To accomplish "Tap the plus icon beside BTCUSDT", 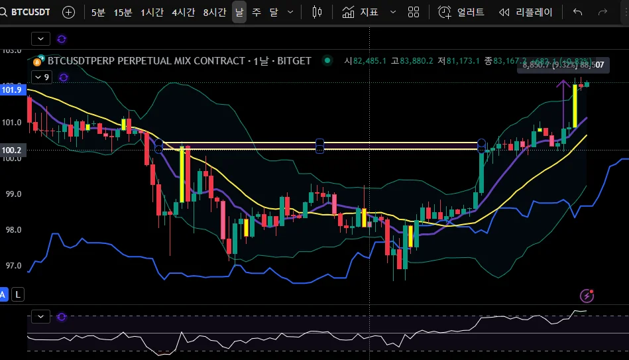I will point(69,12).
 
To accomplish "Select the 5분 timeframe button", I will point(98,12).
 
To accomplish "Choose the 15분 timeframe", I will point(123,12).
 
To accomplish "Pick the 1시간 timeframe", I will point(152,12).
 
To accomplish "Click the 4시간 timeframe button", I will point(183,12).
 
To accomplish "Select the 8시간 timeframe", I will point(215,12).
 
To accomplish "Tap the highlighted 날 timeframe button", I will point(239,12).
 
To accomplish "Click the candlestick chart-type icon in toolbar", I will point(317,12).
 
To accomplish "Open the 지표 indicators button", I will point(361,12).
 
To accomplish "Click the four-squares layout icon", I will point(414,12).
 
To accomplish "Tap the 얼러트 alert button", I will point(461,12).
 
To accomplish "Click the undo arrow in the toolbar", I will point(578,12).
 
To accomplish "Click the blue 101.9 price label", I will point(12,90).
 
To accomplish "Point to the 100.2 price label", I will point(12,150).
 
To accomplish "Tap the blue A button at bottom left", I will point(4,294).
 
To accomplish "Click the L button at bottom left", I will point(17,294).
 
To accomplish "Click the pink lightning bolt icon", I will point(587,296).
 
